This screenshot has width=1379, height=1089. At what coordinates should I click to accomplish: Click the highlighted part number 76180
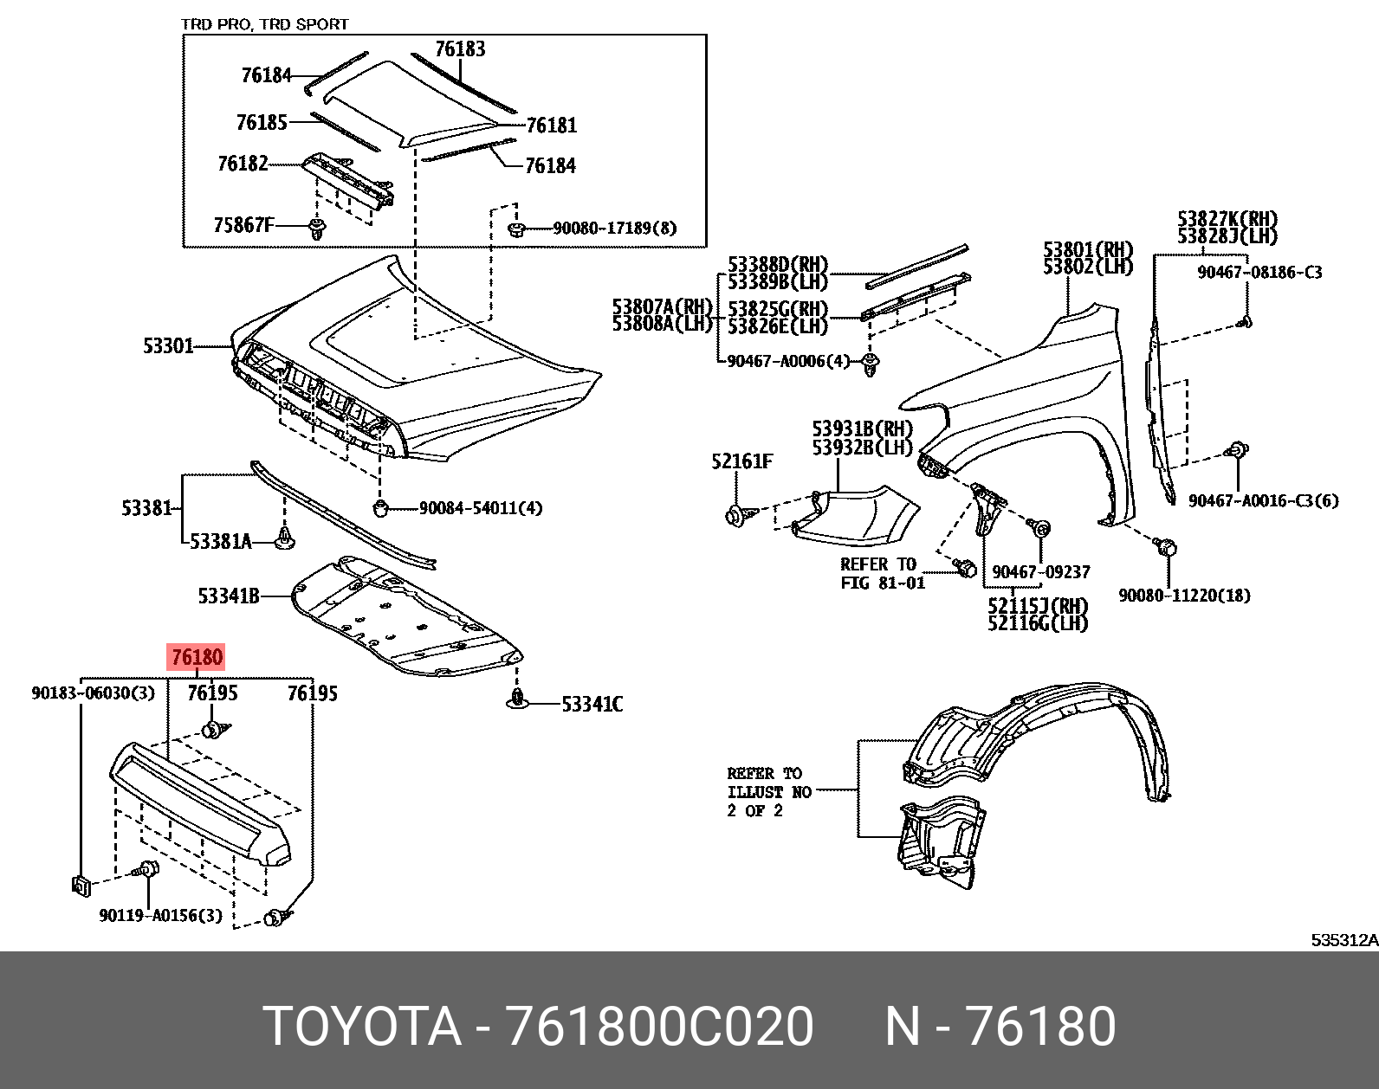click(197, 658)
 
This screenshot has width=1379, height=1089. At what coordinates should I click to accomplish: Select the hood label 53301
click(168, 346)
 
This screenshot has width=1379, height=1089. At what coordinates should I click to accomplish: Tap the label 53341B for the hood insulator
click(229, 596)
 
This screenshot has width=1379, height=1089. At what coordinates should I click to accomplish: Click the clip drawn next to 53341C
click(517, 699)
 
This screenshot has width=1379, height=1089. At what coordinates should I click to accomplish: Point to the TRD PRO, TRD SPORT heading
click(264, 24)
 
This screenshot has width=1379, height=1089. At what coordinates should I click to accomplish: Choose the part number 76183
click(460, 49)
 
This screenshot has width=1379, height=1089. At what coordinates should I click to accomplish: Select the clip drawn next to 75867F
click(316, 229)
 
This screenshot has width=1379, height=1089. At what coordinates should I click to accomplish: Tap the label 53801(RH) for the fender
click(1088, 251)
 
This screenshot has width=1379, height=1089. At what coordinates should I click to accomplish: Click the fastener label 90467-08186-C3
click(1259, 272)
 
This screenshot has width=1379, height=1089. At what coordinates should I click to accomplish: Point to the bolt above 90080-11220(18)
click(1166, 546)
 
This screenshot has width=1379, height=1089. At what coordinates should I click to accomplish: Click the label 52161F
click(741, 461)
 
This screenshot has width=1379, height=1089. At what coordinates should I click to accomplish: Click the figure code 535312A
click(1343, 940)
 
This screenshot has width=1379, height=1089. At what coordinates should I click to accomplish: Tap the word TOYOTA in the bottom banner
click(362, 1027)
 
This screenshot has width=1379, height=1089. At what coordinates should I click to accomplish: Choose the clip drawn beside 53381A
click(285, 540)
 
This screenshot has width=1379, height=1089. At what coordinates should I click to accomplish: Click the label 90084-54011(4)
click(480, 508)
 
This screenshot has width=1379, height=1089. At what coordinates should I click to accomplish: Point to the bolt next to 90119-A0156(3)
click(148, 871)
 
